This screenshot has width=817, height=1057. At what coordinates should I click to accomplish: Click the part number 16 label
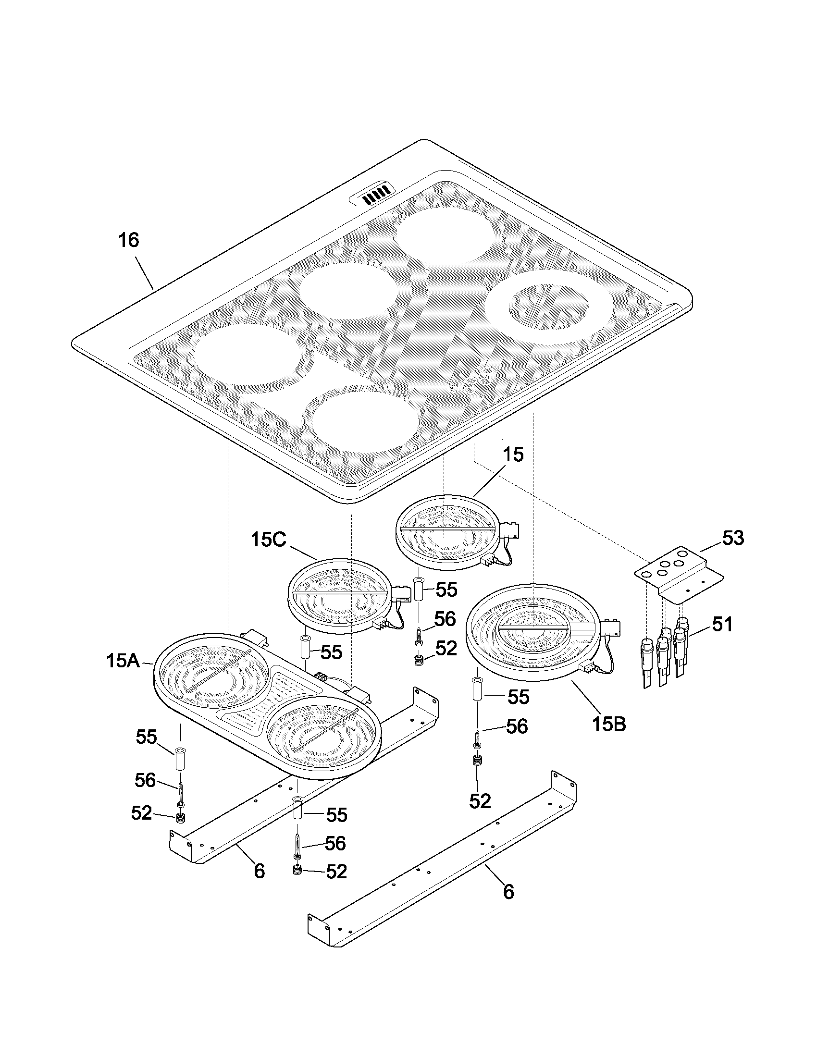(x=129, y=240)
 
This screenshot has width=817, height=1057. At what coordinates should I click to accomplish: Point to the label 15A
(x=123, y=661)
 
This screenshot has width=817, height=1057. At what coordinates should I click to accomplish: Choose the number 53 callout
(x=733, y=538)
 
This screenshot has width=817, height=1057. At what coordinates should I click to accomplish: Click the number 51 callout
(x=722, y=625)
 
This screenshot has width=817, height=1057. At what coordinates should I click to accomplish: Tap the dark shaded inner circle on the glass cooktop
(x=549, y=307)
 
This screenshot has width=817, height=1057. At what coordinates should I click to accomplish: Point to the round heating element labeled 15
(x=446, y=531)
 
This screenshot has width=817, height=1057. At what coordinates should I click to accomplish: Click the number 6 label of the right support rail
(x=508, y=891)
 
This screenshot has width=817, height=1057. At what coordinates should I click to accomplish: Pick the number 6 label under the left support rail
(x=260, y=871)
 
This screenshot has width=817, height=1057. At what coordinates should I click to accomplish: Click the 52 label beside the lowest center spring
(x=337, y=872)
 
